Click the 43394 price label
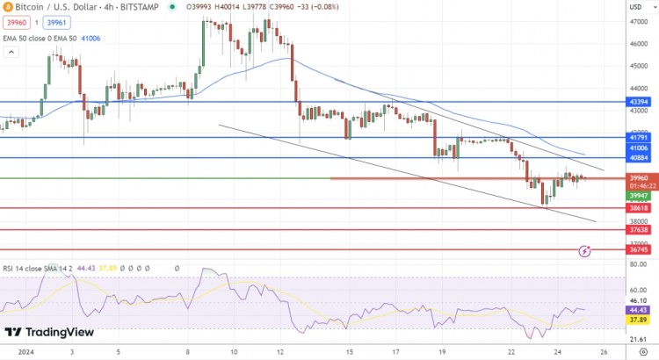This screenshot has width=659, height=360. tap(639, 102)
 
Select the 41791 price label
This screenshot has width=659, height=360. tap(639, 138)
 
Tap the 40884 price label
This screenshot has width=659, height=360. tap(639, 158)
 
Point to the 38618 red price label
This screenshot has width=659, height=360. tap(639, 208)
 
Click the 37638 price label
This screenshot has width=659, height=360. tap(639, 230)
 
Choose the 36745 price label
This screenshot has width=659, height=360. tap(639, 249)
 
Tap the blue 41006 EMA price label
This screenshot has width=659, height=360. tap(639, 149)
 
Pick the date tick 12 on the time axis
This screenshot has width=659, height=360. tap(279, 352)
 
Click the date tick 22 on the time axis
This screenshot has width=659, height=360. tap(510, 352)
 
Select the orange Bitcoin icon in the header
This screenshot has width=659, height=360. tap(7, 7)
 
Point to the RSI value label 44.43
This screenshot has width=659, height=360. tap(639, 309)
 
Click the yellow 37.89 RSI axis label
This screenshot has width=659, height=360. tap(639, 320)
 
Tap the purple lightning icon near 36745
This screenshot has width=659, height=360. tap(586, 252)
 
